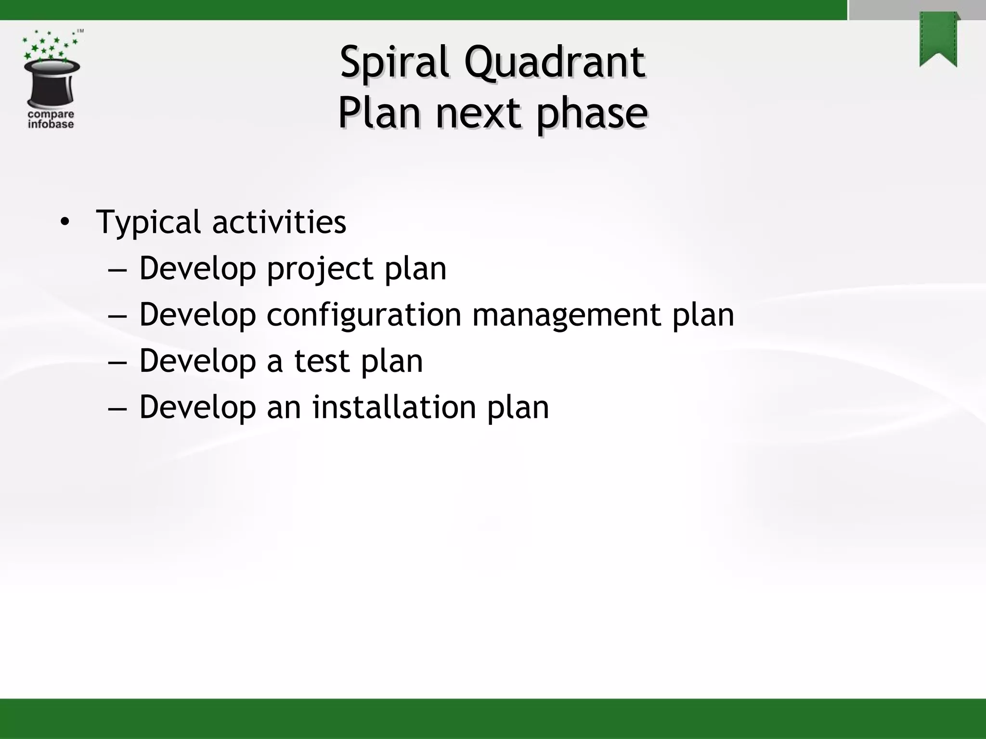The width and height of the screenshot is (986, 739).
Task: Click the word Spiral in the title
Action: [394, 63]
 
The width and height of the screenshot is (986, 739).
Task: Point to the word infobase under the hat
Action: [51, 125]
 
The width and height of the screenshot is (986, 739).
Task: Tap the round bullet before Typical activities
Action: [65, 222]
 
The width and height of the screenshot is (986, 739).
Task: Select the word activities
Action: [279, 222]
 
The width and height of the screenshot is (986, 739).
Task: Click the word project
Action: [320, 268]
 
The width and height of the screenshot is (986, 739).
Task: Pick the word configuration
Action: [363, 315]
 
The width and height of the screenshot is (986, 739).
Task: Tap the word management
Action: [566, 315]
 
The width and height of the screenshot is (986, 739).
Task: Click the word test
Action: [322, 361]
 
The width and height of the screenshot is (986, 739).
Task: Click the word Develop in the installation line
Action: [197, 407]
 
